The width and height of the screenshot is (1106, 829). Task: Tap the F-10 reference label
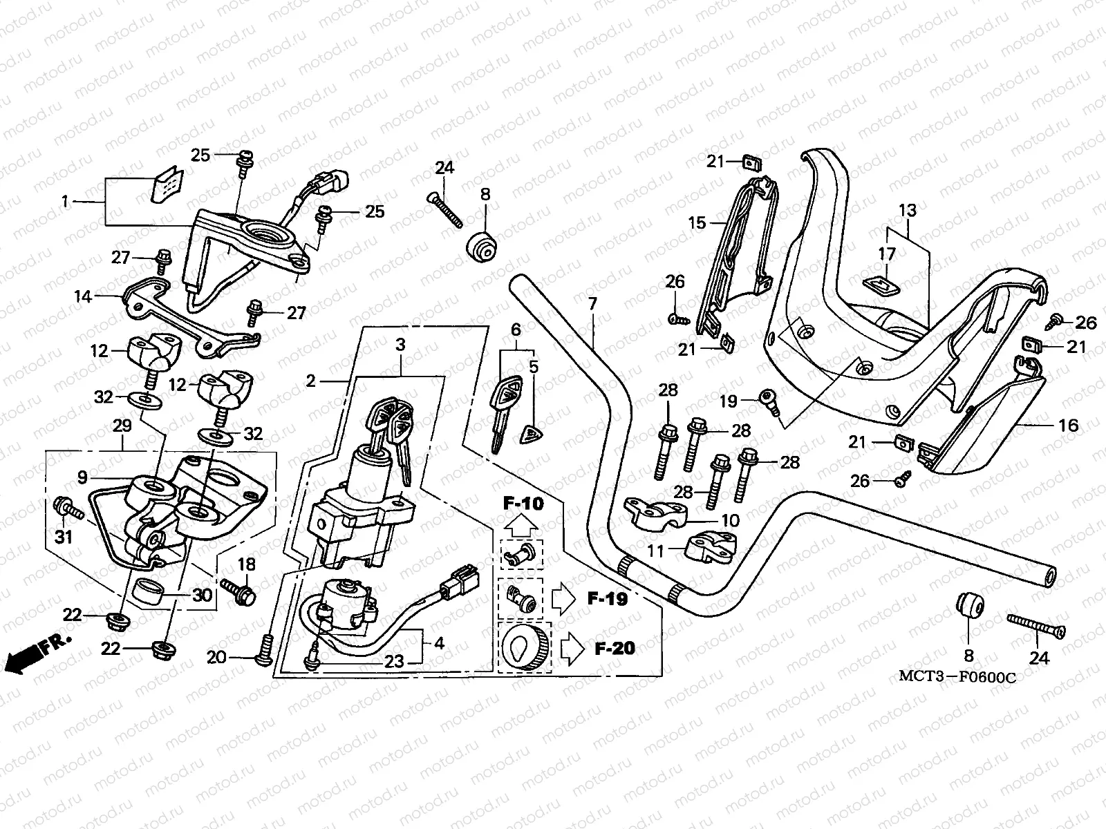523,504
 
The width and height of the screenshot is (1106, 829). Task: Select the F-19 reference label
608,599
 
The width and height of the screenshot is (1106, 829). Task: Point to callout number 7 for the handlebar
592,303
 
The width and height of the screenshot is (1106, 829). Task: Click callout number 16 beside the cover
1069,425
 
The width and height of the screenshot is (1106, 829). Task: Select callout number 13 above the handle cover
907,210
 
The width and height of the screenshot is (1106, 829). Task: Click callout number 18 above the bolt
247,564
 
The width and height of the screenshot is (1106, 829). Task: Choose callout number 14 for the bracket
83,298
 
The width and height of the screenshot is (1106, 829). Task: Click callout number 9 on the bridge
82,477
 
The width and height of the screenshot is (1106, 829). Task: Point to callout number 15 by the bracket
697,222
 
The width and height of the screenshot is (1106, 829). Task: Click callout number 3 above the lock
400,344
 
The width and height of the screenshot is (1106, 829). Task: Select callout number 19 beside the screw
729,400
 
